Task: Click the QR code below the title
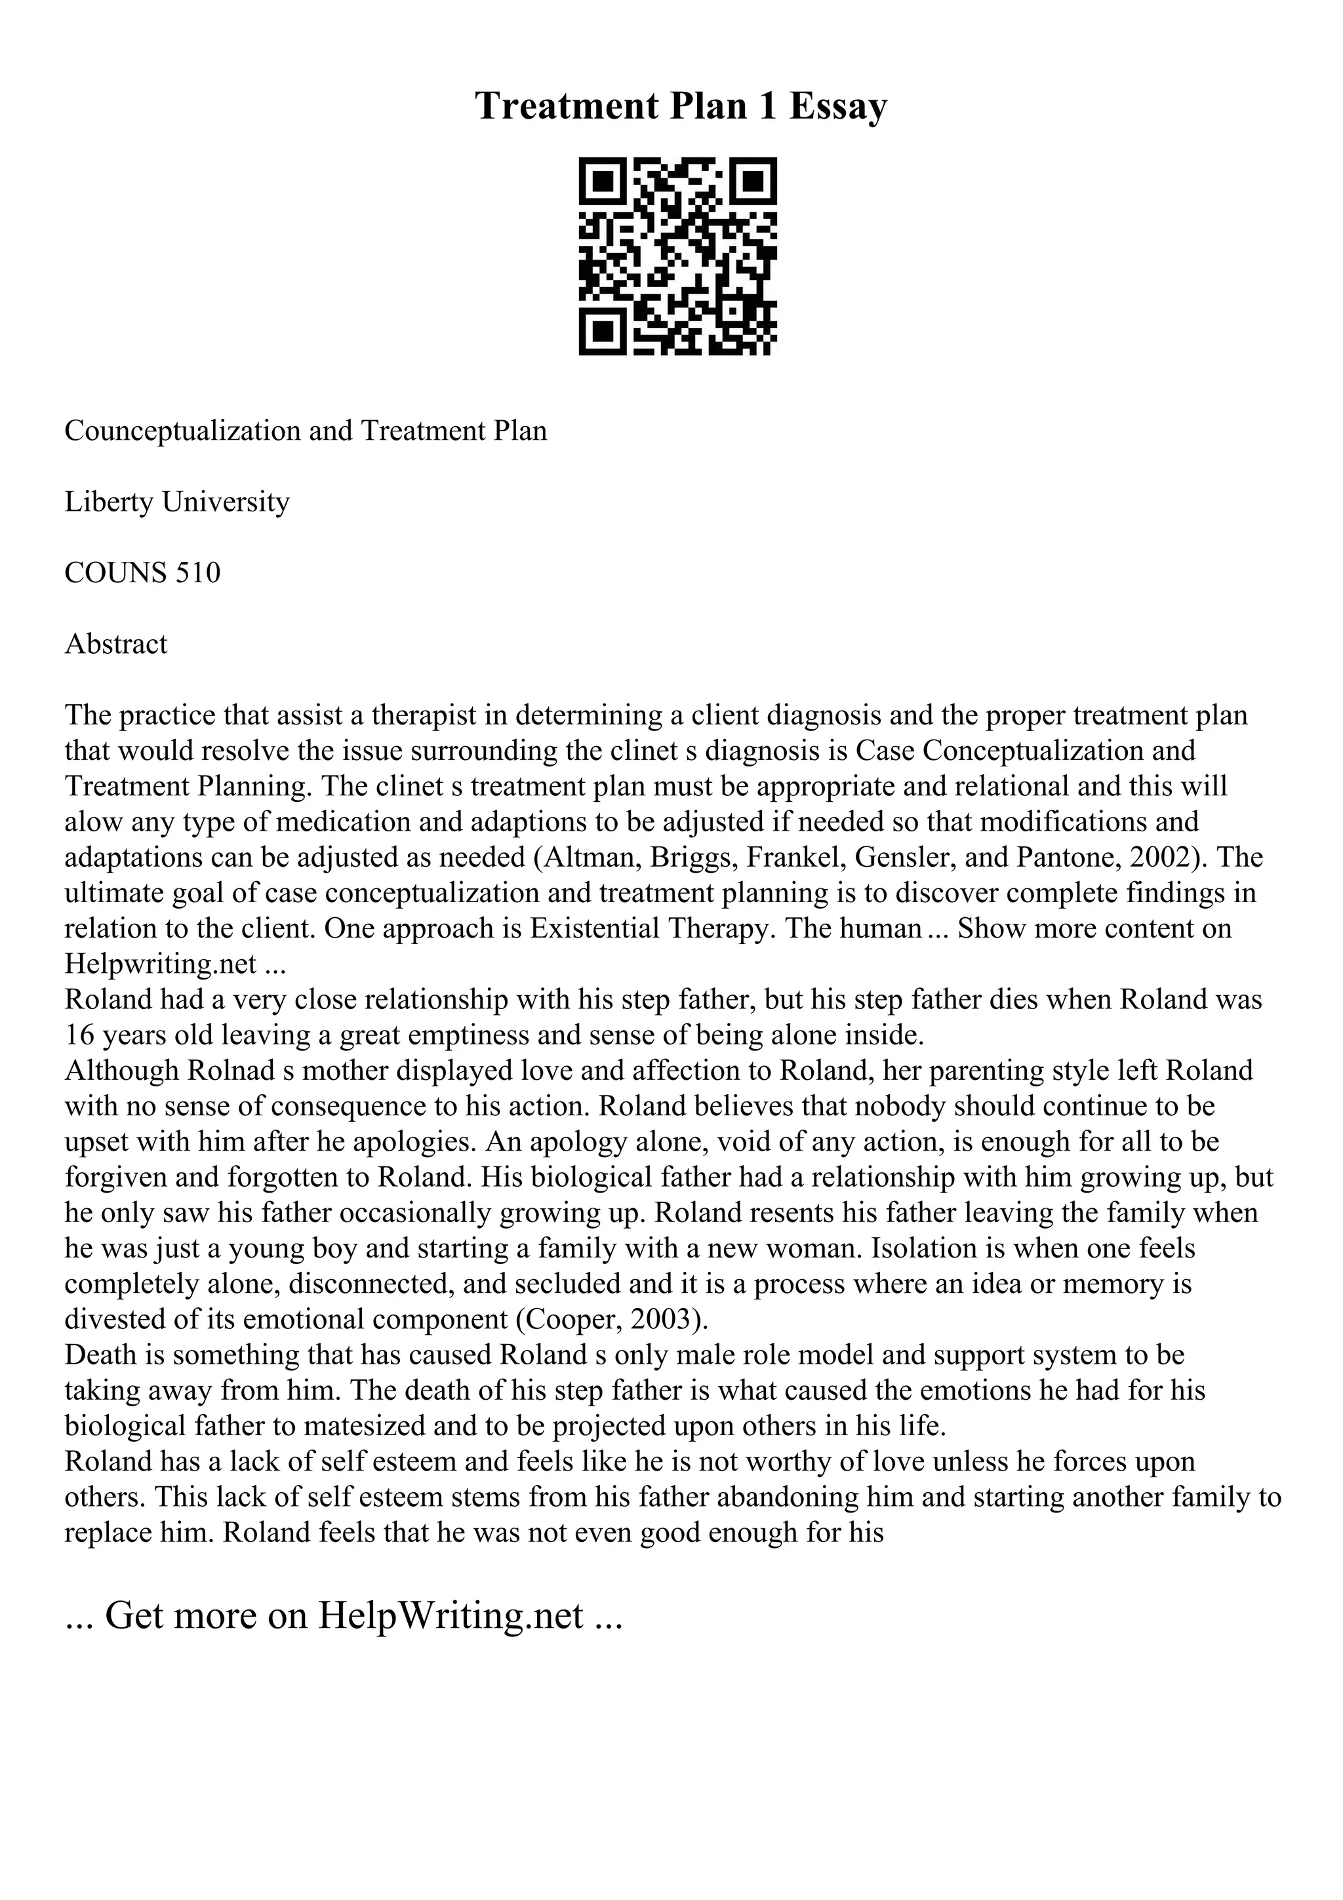pyautogui.click(x=677, y=256)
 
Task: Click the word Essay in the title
pyautogui.click(x=837, y=106)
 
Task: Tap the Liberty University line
pyautogui.click(x=177, y=502)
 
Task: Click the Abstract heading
pyautogui.click(x=116, y=644)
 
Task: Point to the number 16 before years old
pyautogui.click(x=80, y=1035)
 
